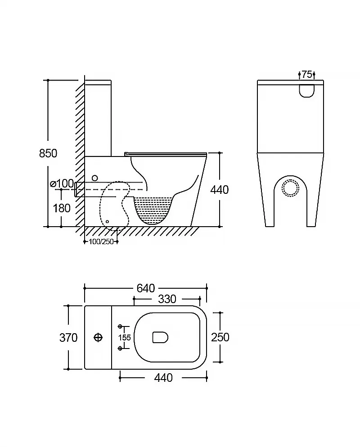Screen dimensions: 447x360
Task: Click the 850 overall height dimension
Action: coord(48,153)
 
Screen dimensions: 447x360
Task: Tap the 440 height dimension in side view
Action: coord(220,190)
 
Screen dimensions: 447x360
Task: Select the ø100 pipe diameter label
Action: coord(62,183)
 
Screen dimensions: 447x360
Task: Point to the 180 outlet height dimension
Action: coord(62,208)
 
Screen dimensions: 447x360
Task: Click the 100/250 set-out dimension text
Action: coord(101,242)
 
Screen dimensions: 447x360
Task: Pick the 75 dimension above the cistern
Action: coord(307,74)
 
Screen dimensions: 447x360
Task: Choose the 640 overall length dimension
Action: coord(145,288)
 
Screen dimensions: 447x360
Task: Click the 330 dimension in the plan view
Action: coord(166,299)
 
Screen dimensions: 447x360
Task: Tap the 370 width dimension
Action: coord(68,337)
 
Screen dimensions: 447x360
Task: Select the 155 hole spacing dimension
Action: coord(125,337)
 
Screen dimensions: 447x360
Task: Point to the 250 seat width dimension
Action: coord(220,337)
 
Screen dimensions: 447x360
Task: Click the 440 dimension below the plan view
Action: coord(163,378)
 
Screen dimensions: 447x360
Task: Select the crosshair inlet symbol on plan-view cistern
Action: coord(98,337)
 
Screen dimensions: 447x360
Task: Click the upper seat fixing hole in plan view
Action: coord(120,326)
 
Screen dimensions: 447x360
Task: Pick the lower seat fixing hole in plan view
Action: coord(120,348)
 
